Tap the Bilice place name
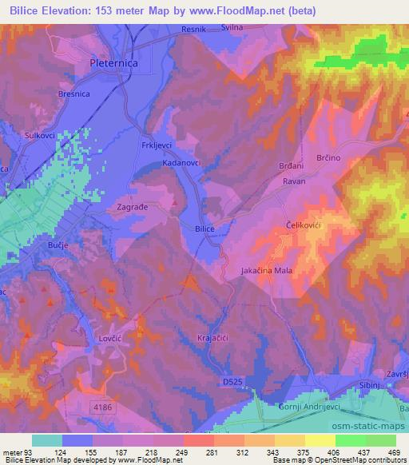pyautogui.click(x=205, y=229)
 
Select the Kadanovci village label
pyautogui.click(x=182, y=162)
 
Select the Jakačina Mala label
pyautogui.click(x=268, y=272)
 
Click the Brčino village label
pyautogui.click(x=329, y=158)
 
